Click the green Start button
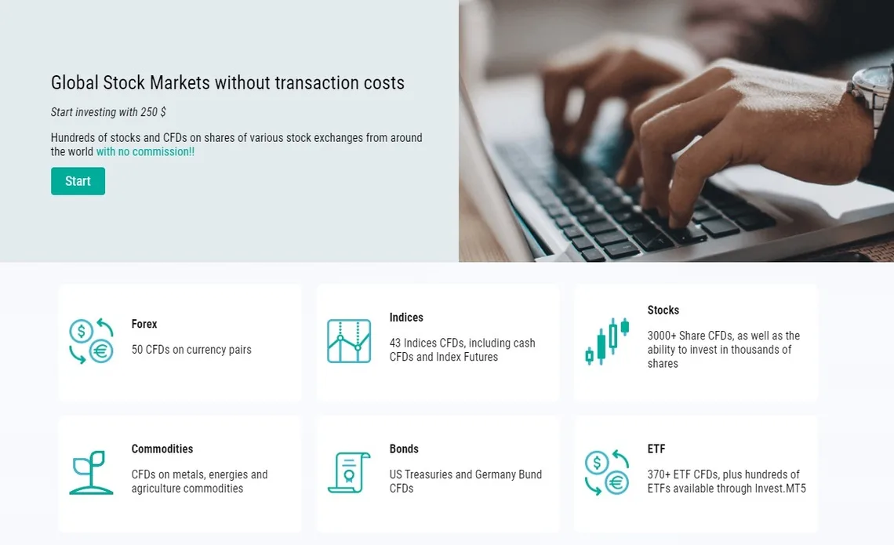pyautogui.click(x=78, y=181)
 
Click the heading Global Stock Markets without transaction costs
pyautogui.click(x=227, y=82)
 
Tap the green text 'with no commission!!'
pyautogui.click(x=145, y=151)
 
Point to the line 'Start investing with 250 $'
pyautogui.click(x=108, y=112)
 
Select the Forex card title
pyautogui.click(x=144, y=324)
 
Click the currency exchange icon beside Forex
pyautogui.click(x=91, y=341)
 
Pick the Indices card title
pyautogui.click(x=406, y=318)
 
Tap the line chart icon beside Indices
pyautogui.click(x=349, y=341)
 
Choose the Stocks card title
pyautogui.click(x=663, y=310)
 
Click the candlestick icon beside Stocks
pyautogui.click(x=607, y=341)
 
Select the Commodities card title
pyautogui.click(x=162, y=449)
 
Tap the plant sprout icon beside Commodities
pyautogui.click(x=91, y=473)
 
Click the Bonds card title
pyautogui.click(x=404, y=449)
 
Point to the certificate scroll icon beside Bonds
pyautogui.click(x=349, y=473)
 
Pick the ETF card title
pyautogui.click(x=656, y=449)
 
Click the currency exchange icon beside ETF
pyautogui.click(x=607, y=473)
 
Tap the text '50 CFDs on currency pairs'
pyautogui.click(x=191, y=350)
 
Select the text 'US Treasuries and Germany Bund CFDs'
pyautogui.click(x=466, y=481)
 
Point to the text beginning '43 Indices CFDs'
pyautogui.click(x=463, y=350)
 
